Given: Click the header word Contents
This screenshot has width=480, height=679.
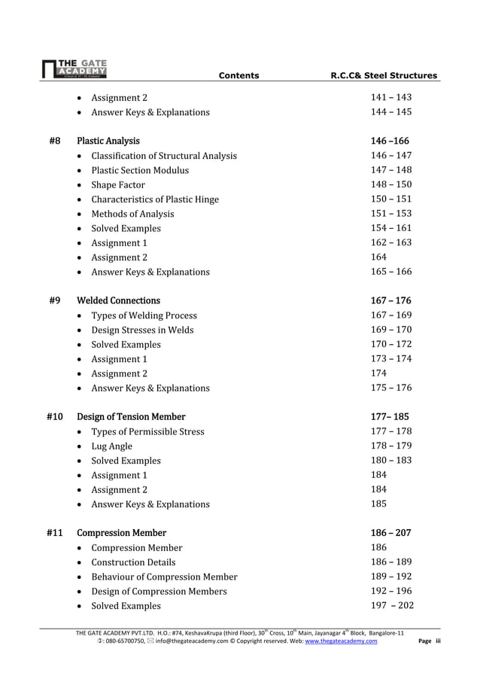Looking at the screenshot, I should (238, 75).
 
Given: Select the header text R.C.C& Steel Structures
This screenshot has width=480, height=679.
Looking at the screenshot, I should (384, 75).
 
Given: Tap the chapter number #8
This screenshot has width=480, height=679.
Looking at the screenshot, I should (54, 141).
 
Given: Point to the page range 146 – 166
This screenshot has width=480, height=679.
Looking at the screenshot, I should (390, 141).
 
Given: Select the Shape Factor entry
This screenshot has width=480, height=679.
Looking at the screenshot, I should (118, 185).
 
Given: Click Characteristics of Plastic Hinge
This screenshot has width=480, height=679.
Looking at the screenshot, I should (155, 199).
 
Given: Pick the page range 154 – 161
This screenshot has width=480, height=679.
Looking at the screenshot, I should (390, 228).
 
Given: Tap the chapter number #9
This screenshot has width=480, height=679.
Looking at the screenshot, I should (54, 300).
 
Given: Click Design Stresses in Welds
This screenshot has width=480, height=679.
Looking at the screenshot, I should (142, 330).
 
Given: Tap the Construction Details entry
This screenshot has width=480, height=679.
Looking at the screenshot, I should (133, 562).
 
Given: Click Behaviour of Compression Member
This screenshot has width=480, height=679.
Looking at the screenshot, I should (164, 577).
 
